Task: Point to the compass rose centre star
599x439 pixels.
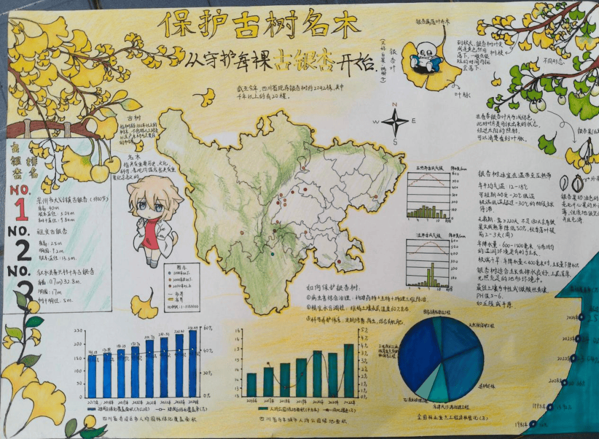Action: (x=395, y=122)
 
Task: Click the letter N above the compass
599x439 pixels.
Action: (x=395, y=105)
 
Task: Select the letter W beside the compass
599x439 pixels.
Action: (x=375, y=122)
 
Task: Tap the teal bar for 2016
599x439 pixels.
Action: (x=251, y=384)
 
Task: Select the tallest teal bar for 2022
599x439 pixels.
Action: (x=349, y=370)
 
